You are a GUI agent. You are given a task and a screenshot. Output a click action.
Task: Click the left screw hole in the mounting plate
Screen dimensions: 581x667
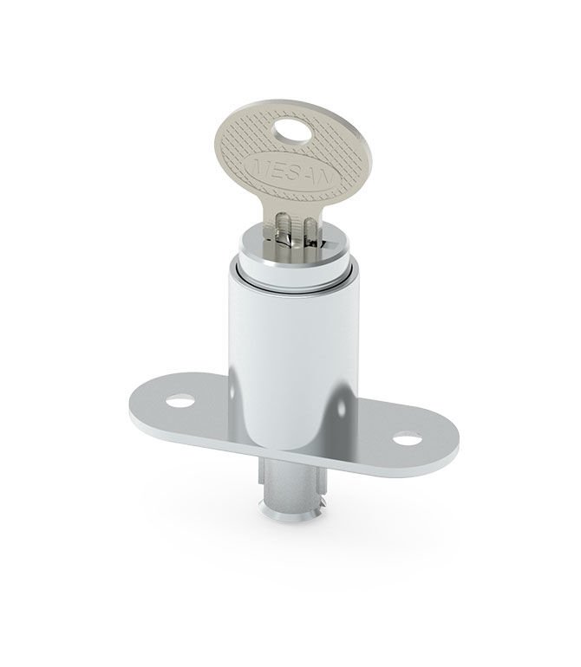(180, 401)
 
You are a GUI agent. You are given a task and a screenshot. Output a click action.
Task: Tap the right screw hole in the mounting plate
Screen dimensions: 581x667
(407, 438)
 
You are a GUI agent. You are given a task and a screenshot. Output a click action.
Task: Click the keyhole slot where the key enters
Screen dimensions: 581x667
(293, 243)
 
